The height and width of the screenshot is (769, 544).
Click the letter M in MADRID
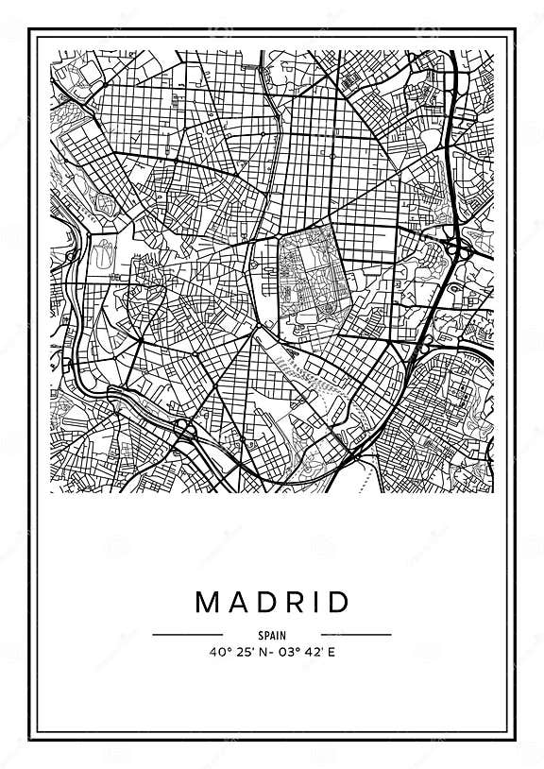click(x=205, y=602)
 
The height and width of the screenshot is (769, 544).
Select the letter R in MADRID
click(x=295, y=602)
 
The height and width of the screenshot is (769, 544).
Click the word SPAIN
click(x=272, y=636)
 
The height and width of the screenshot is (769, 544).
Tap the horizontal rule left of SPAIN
click(x=187, y=635)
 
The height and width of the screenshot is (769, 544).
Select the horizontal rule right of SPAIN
click(x=356, y=635)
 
